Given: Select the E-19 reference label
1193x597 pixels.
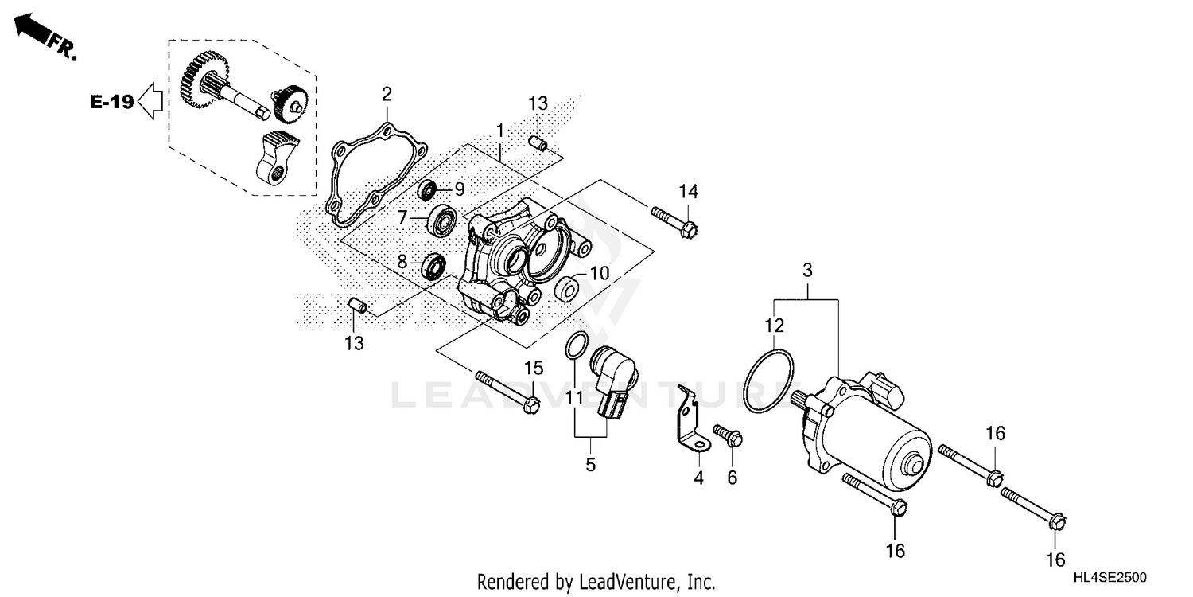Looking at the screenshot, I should coord(111,102).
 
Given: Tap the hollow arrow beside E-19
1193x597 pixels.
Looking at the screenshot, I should coord(150,102).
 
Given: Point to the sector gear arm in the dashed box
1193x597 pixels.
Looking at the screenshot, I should coord(272,156).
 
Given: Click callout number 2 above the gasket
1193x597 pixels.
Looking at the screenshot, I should coord(387,95).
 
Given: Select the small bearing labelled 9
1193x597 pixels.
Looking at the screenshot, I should coord(429,190).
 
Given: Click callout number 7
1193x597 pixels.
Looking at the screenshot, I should coord(403,217).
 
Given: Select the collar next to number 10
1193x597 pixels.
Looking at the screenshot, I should coord(566,289).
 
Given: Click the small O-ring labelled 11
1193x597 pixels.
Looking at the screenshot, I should coord(577,346).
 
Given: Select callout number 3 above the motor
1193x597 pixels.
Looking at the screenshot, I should coord(807,271).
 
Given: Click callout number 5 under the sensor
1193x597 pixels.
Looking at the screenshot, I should coord(590,465).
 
